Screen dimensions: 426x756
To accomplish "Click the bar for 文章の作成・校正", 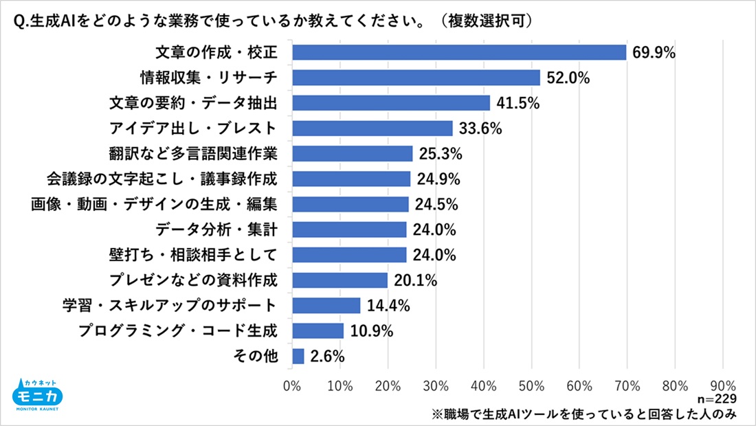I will point(459,52).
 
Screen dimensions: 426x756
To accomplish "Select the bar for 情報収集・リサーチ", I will point(416,78).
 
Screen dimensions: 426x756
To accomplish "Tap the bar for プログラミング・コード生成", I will point(318,331).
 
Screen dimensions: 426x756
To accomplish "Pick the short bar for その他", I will point(298,356).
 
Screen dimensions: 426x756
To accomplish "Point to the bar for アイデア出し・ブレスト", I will point(373,128).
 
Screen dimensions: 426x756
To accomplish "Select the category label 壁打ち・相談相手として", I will point(193,255).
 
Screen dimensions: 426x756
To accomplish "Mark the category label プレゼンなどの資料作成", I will point(193,280).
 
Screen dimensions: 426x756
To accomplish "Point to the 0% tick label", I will point(293,385).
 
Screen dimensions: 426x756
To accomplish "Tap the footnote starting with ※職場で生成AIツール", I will point(584,413).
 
